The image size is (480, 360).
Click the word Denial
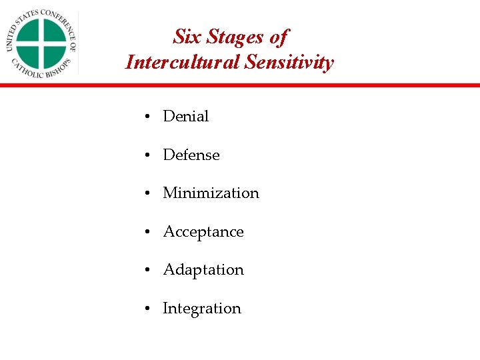185,117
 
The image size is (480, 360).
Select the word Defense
191,155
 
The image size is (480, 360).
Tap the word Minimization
211,193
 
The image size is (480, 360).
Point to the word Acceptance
203,232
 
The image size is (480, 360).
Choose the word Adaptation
203,270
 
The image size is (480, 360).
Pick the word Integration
202,309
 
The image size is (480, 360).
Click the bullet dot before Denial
145,117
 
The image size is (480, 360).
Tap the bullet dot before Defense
145,156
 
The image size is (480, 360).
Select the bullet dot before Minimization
145,194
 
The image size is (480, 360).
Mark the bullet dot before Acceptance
145,233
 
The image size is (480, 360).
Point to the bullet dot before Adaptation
145,271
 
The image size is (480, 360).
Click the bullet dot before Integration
145,309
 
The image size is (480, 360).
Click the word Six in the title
187,37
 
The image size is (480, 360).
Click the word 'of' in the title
279,37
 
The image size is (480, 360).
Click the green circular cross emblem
41,43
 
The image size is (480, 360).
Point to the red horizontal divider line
240,85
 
